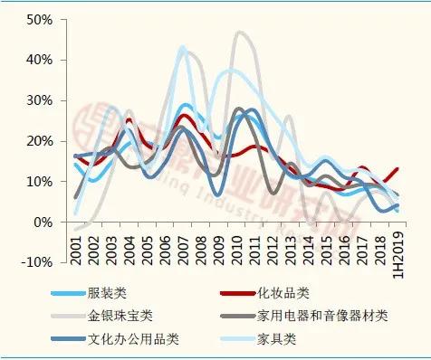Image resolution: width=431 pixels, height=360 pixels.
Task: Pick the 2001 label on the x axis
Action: [x=77, y=248]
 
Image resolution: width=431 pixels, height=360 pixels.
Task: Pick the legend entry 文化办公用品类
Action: [x=123, y=340]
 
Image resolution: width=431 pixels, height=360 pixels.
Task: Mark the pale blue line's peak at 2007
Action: [x=183, y=47]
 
